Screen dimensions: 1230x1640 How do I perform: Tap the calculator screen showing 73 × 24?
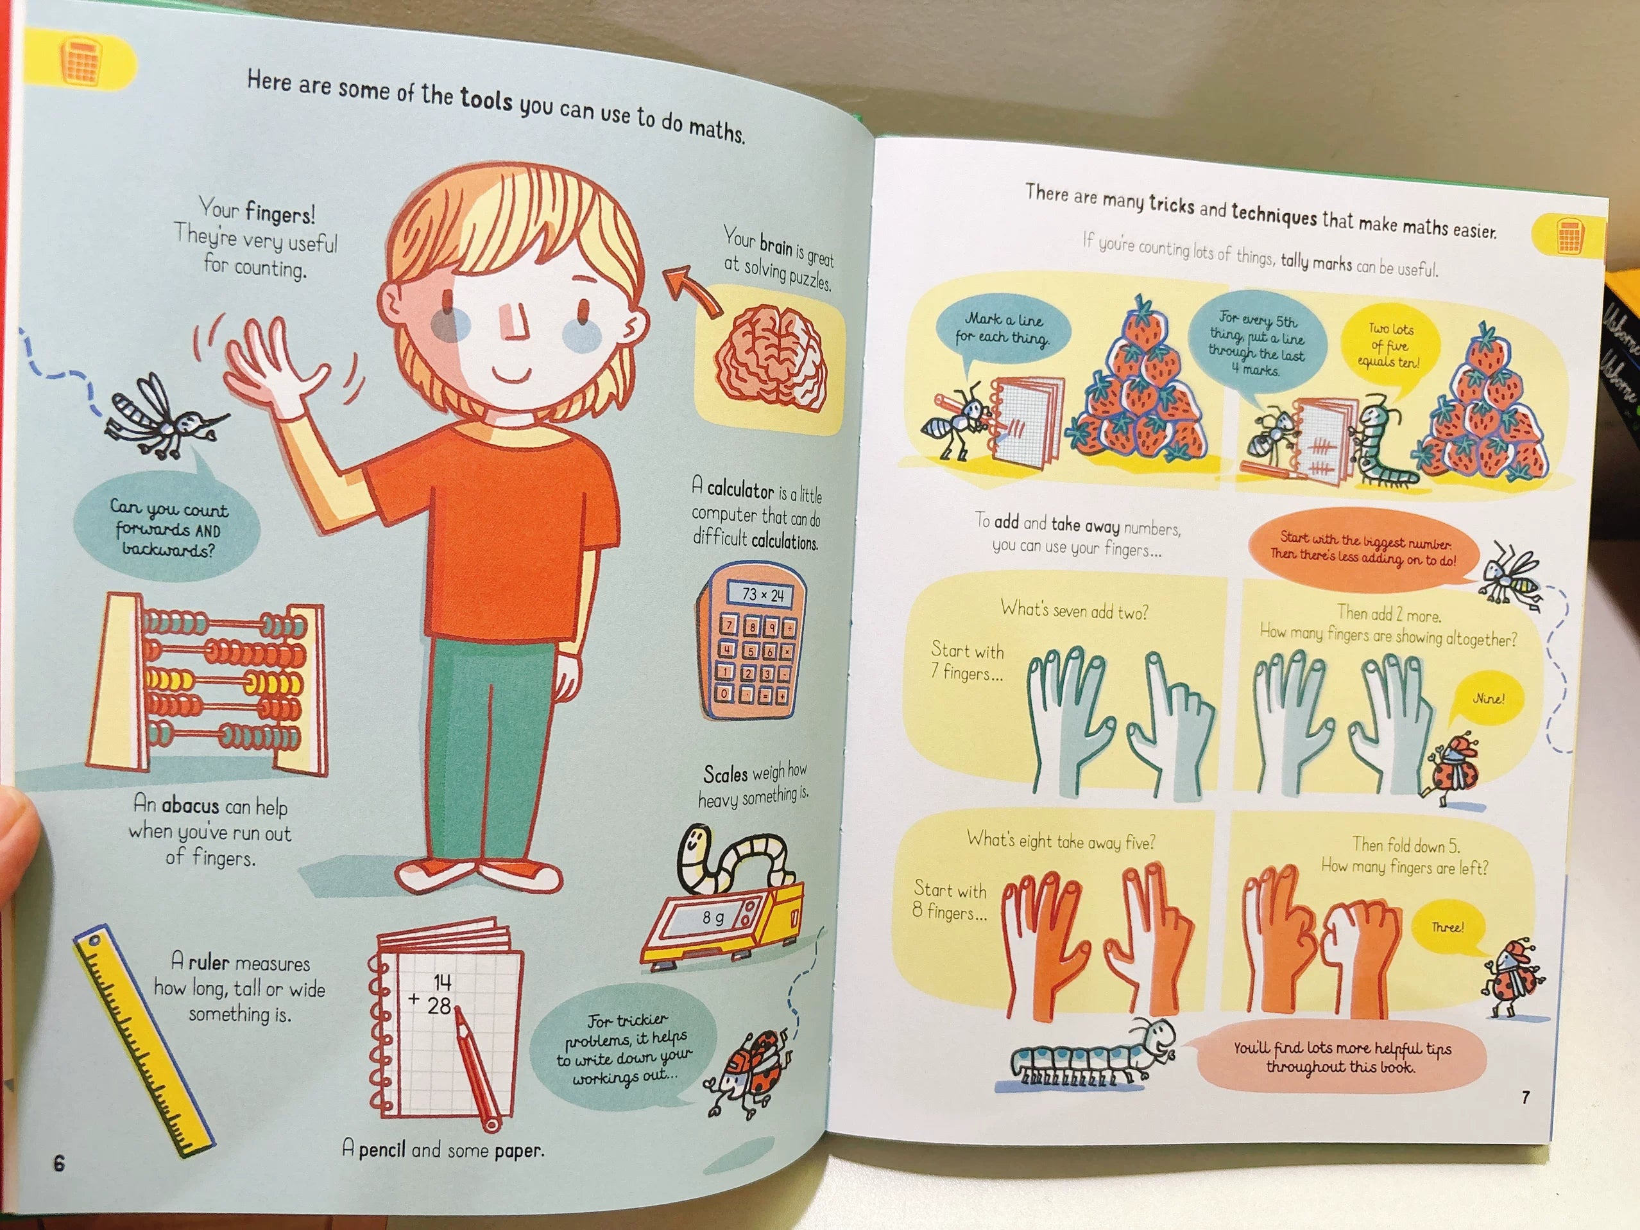[762, 595]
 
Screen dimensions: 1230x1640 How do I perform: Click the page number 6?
[59, 1163]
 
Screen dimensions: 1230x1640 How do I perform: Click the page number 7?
[1525, 1097]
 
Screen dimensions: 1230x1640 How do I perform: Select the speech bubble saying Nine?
[1487, 700]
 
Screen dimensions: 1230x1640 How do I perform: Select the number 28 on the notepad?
[439, 1006]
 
